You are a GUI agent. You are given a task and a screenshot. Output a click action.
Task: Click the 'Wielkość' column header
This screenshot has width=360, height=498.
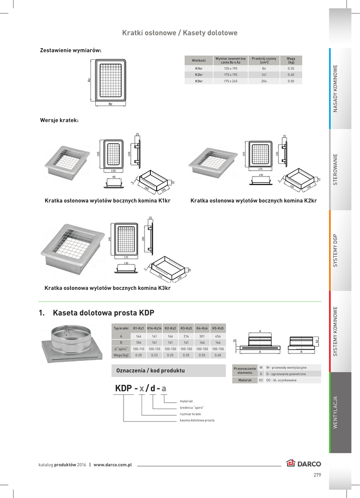tap(198, 60)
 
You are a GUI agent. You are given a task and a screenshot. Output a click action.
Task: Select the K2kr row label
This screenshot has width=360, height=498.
tap(198, 75)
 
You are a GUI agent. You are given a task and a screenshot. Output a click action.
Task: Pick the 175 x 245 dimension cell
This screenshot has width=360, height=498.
tap(231, 81)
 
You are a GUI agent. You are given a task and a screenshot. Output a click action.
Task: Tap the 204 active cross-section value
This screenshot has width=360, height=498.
tap(264, 81)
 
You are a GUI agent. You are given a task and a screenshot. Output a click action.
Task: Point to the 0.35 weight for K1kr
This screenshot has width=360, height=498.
tap(291, 69)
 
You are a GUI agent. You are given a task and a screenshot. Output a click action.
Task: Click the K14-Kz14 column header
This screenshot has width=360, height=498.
tap(154, 329)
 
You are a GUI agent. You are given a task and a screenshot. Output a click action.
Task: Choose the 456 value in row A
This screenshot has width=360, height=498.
tap(218, 336)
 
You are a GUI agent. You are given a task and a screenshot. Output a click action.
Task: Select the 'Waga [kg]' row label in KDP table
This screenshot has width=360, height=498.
tap(121, 355)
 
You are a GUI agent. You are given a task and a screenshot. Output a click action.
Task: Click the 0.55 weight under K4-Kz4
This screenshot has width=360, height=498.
tap(202, 355)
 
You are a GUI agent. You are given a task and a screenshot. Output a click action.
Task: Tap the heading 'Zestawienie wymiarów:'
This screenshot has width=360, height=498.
tap(71, 50)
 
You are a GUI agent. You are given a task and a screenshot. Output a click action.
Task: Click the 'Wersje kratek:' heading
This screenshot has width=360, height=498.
tap(59, 120)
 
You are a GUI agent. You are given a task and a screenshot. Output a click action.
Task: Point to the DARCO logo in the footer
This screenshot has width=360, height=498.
tap(304, 463)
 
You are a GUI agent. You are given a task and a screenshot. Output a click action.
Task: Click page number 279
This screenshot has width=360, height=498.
tap(317, 475)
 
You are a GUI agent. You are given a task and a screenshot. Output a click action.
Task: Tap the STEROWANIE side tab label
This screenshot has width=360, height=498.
tap(335, 169)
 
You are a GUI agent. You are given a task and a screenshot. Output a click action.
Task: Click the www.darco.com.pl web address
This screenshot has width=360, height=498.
tap(112, 464)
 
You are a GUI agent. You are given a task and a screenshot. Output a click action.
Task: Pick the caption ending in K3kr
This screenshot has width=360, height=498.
tap(108, 288)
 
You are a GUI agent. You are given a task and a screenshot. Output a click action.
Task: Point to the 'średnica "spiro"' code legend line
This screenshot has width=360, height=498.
tap(192, 407)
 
